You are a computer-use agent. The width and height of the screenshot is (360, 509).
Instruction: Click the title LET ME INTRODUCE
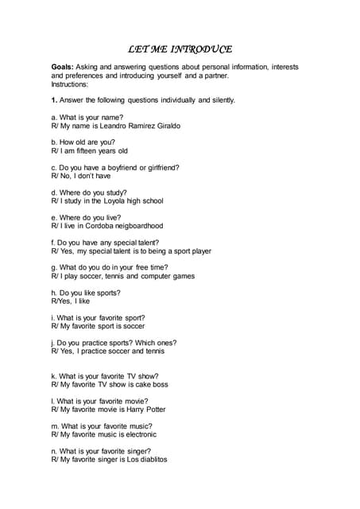click(x=180, y=49)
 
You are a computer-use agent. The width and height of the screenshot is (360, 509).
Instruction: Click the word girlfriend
click(x=160, y=167)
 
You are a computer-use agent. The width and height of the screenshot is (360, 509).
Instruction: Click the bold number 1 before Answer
click(x=54, y=100)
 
